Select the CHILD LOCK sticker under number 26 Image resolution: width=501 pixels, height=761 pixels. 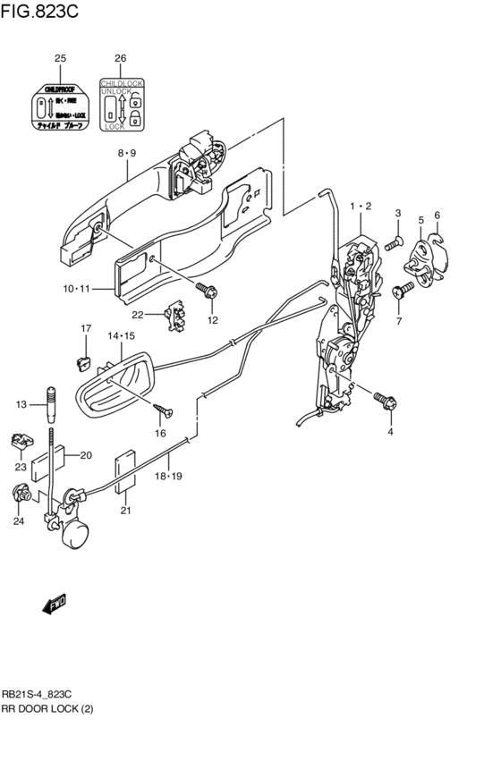coord(120,105)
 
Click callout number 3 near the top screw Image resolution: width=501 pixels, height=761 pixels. coord(397,213)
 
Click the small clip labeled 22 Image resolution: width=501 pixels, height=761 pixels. coord(177,316)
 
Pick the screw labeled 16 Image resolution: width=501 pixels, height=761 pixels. coord(164,410)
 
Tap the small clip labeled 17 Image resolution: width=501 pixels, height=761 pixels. coord(84,361)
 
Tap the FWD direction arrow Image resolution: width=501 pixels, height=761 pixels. coord(55,605)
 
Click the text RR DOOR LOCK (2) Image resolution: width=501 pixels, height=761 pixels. coord(47,708)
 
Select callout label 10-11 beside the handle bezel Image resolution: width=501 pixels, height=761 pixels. coord(78,289)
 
